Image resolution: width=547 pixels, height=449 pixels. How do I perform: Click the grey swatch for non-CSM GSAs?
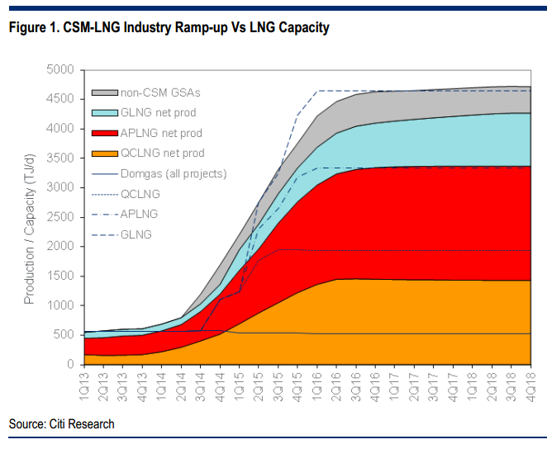(x=105, y=93)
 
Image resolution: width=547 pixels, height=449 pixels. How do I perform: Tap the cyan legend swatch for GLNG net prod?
(x=105, y=112)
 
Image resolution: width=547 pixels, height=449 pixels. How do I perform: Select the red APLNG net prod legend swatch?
(x=105, y=133)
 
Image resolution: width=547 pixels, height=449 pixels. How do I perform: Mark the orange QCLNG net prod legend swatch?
(x=105, y=153)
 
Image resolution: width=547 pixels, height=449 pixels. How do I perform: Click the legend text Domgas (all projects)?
(x=174, y=173)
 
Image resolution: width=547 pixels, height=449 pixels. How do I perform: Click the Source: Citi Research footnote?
(x=62, y=424)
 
